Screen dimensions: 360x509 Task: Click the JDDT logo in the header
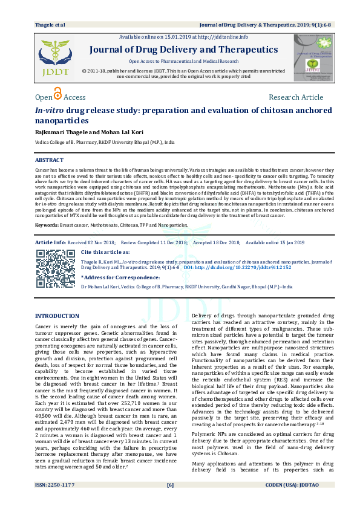tap(55, 57)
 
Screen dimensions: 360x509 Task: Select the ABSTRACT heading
tap(49, 160)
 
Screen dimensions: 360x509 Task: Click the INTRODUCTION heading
tap(57, 316)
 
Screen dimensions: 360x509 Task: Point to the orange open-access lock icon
tap(58, 94)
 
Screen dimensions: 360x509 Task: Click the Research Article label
tap(296, 97)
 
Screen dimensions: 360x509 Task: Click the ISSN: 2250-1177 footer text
tap(55, 501)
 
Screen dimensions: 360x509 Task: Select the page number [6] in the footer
tap(171, 501)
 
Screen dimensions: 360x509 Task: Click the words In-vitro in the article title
tap(50, 111)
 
